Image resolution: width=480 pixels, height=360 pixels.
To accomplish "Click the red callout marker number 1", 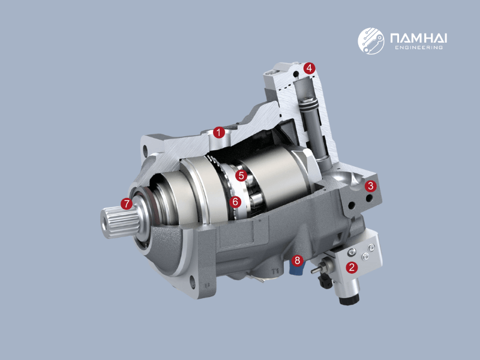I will (x=220, y=131).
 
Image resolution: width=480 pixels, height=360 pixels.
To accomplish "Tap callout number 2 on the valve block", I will (x=352, y=268).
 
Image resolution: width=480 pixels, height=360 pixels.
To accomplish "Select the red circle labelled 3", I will (x=371, y=185).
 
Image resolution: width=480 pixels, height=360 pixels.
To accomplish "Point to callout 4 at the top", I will (x=309, y=68).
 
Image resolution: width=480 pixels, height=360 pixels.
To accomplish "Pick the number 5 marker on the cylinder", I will (x=241, y=176).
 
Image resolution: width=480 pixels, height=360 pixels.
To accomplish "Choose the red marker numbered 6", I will (x=235, y=202).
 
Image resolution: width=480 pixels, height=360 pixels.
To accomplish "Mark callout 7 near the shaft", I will (x=127, y=204).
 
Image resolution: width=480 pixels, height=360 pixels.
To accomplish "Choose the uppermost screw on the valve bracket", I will (x=372, y=247).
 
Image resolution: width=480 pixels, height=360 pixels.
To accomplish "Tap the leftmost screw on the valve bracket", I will (x=352, y=251).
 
